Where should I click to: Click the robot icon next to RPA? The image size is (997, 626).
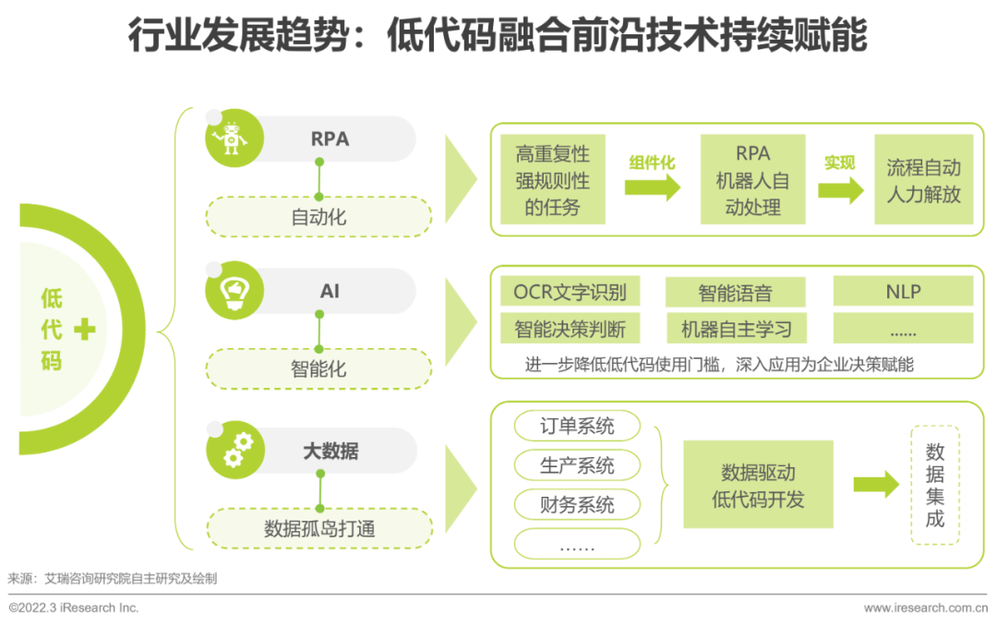230,138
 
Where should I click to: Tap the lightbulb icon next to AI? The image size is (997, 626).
234,292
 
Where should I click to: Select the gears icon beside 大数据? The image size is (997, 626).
237,450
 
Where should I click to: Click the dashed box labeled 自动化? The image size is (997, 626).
318,217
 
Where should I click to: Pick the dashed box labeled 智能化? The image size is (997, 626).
318,369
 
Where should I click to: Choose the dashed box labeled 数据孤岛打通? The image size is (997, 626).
319,528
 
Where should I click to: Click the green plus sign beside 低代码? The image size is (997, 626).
85,329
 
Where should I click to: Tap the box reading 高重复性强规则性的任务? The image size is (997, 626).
553,179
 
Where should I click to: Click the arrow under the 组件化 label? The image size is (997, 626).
653,188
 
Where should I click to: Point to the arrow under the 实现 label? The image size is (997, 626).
841,189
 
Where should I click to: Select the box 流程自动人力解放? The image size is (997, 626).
924,179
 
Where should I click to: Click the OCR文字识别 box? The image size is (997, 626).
570,292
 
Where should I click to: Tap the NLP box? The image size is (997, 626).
904,292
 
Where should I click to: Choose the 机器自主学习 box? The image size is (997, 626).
736,329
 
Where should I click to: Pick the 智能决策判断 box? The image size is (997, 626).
570,329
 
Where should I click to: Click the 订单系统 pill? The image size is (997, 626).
577,426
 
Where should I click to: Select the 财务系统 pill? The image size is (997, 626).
577,504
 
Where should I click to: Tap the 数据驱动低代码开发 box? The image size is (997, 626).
758,484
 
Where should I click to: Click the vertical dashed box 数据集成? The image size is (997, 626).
934,485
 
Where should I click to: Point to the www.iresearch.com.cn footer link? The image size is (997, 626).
926,608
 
